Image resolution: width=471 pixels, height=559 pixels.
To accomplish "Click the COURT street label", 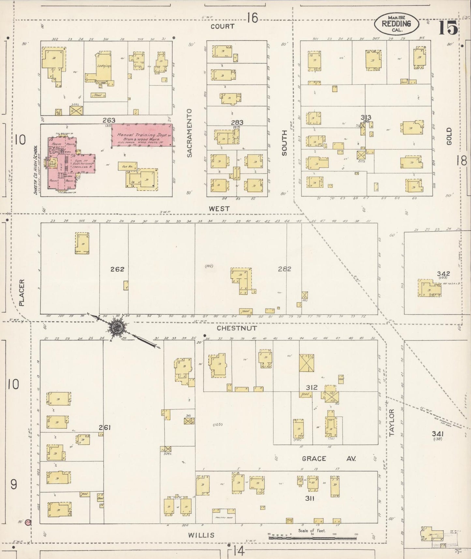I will [x=223, y=26].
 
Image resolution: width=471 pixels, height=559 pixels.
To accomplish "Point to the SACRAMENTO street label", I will [x=190, y=133].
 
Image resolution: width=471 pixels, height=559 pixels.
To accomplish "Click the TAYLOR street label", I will [x=391, y=423].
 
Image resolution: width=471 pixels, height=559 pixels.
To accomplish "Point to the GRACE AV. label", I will [x=328, y=459].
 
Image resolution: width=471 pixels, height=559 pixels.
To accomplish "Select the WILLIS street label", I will [x=201, y=535].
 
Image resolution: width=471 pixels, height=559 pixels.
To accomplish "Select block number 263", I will [x=109, y=120].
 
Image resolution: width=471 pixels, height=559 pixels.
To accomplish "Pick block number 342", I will [x=444, y=274].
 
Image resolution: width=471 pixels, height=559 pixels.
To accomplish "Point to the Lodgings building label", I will [x=104, y=66].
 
